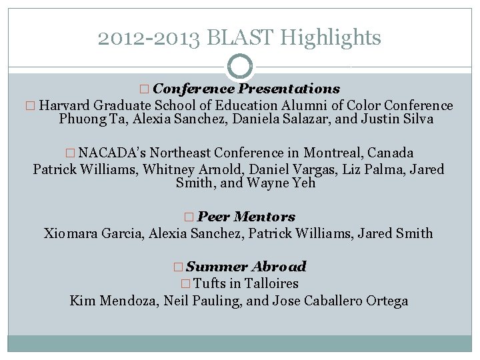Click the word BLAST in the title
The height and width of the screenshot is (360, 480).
pyautogui.click(x=241, y=38)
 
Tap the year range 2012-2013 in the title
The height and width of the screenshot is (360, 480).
pyautogui.click(x=149, y=38)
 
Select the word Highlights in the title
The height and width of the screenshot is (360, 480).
pyautogui.click(x=331, y=38)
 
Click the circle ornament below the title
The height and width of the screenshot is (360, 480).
pyautogui.click(x=240, y=67)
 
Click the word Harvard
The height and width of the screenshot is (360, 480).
pyautogui.click(x=65, y=105)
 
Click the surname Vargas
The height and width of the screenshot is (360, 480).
pyautogui.click(x=291, y=169)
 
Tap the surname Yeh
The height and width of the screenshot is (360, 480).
pyautogui.click(x=304, y=183)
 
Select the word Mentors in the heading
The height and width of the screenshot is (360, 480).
pyautogui.click(x=265, y=217)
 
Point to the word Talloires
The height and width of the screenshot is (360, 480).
pyautogui.click(x=269, y=283)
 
